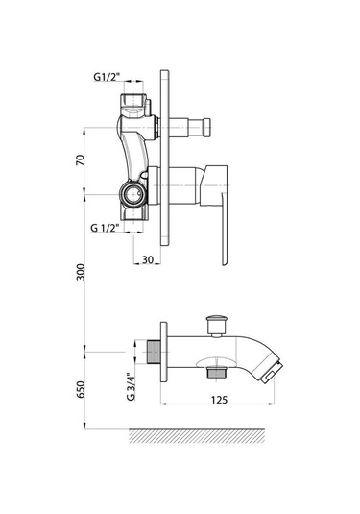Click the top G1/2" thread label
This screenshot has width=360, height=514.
click(x=107, y=77)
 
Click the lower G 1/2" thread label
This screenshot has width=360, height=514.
click(x=105, y=228)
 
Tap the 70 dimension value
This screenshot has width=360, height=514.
click(x=81, y=160)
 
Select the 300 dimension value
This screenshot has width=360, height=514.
click(x=81, y=272)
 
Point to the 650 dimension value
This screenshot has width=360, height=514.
click(x=81, y=389)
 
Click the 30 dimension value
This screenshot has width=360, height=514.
click(x=148, y=259)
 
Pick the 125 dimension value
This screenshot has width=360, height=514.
click(x=219, y=400)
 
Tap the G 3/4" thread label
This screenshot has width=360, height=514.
click(x=131, y=386)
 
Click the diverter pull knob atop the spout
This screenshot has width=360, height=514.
click(x=216, y=326)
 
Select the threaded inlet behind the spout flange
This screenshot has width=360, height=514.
click(x=153, y=352)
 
